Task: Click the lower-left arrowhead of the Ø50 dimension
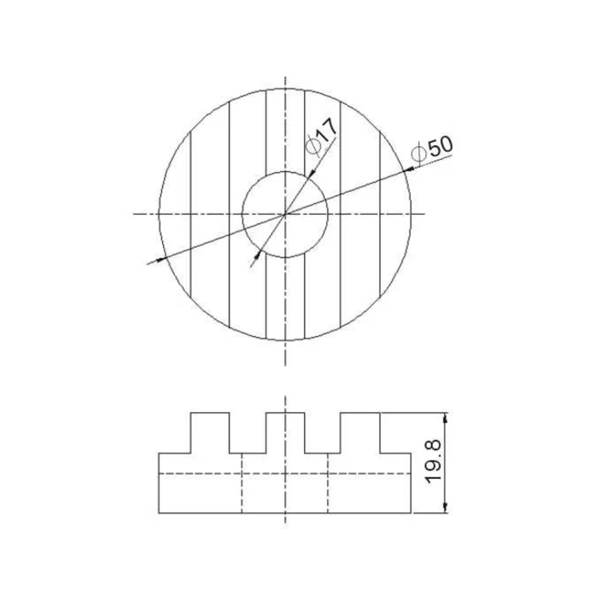[x=162, y=259]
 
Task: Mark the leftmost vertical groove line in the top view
[x=190, y=214]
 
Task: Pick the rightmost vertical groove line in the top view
[x=380, y=214]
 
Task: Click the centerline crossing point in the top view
[x=285, y=214]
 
